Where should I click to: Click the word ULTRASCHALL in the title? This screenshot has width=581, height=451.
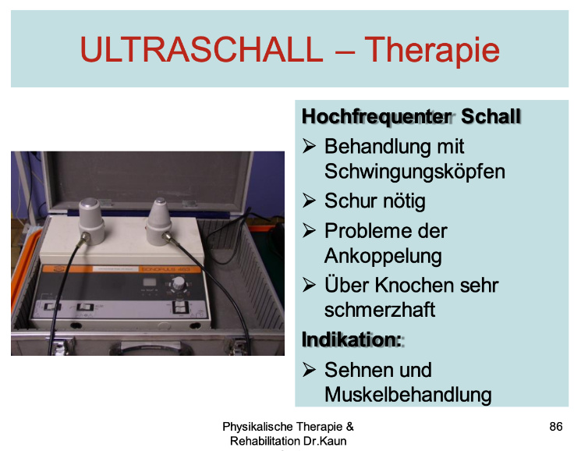[x=201, y=49]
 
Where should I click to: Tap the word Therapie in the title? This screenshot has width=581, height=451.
[x=432, y=51]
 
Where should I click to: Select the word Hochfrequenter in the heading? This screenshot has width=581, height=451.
[x=377, y=117]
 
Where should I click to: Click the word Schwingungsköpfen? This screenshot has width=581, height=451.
[x=415, y=172]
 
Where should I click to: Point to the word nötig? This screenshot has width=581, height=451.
[x=404, y=201]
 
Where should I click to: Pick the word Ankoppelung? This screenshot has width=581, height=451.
[x=383, y=256]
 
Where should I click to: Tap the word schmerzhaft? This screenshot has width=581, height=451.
[x=380, y=310]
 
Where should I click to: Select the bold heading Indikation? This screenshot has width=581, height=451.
[x=352, y=339]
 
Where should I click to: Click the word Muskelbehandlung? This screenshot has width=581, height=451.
[x=408, y=394]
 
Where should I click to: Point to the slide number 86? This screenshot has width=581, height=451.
[x=556, y=427]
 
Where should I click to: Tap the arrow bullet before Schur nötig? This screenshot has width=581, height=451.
[x=309, y=201]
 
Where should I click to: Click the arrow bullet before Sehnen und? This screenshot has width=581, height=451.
[x=309, y=370]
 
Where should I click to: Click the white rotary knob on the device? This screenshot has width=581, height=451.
[x=179, y=283]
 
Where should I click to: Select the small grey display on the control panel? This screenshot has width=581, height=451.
[x=149, y=282]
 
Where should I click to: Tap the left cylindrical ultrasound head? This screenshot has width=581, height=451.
[x=90, y=221]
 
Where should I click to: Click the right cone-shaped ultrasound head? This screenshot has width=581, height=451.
[x=159, y=222]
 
